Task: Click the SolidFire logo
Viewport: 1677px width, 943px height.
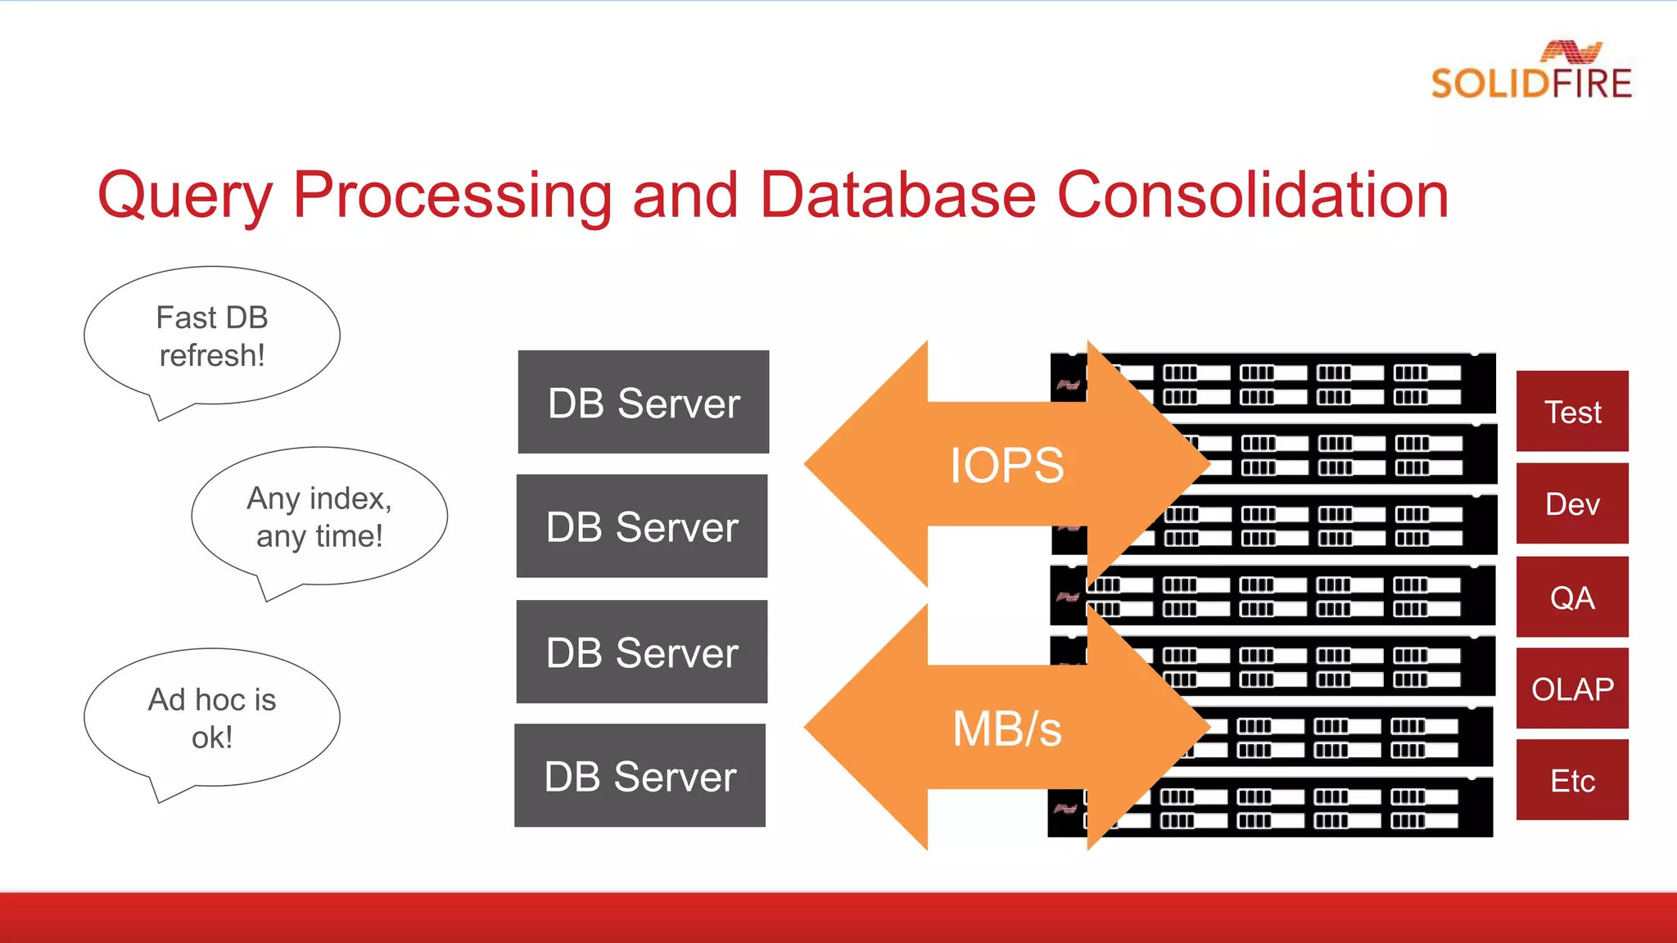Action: click(x=1530, y=72)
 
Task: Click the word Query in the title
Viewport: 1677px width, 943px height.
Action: click(x=184, y=196)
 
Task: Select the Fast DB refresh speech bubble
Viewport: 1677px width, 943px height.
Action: click(x=211, y=336)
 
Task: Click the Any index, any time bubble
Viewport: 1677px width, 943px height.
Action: click(x=319, y=517)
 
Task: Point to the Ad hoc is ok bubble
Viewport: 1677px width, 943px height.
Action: click(x=211, y=718)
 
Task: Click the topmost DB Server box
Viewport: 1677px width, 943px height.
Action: click(x=644, y=402)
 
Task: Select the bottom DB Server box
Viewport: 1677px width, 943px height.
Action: click(x=640, y=775)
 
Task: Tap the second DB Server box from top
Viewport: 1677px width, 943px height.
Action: click(x=642, y=526)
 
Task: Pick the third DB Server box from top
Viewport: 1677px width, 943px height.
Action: click(x=642, y=652)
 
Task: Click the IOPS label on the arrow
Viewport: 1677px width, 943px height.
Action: click(x=1006, y=465)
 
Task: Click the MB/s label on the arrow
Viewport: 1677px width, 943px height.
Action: click(x=1006, y=729)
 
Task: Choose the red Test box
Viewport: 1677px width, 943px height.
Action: click(x=1572, y=411)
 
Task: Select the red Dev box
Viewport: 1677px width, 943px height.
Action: click(x=1572, y=503)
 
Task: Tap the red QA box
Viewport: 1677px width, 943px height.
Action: click(x=1572, y=597)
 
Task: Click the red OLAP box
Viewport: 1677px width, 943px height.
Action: click(x=1572, y=688)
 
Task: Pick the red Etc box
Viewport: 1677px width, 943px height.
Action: click(x=1572, y=780)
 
